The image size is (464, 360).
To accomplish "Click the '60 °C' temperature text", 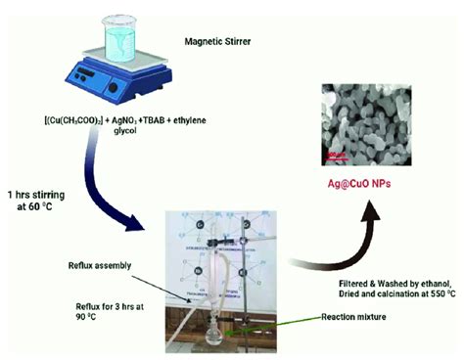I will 53,207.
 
